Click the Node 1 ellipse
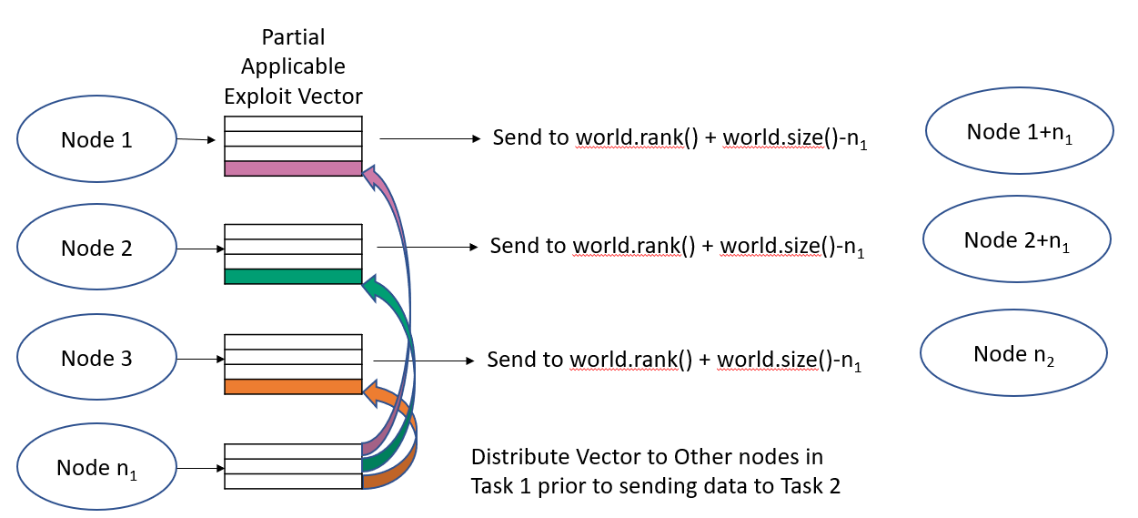pos(96,140)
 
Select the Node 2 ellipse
pos(96,249)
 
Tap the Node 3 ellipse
pos(96,358)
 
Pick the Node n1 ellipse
pos(96,469)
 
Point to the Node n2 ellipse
pos(1014,354)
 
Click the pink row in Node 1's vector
pos(293,168)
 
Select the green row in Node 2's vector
pos(293,276)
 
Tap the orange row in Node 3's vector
pos(293,387)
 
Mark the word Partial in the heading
pos(293,37)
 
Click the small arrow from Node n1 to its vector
pos(201,469)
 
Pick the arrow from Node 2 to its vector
pos(201,249)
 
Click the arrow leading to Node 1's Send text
pos(428,139)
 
